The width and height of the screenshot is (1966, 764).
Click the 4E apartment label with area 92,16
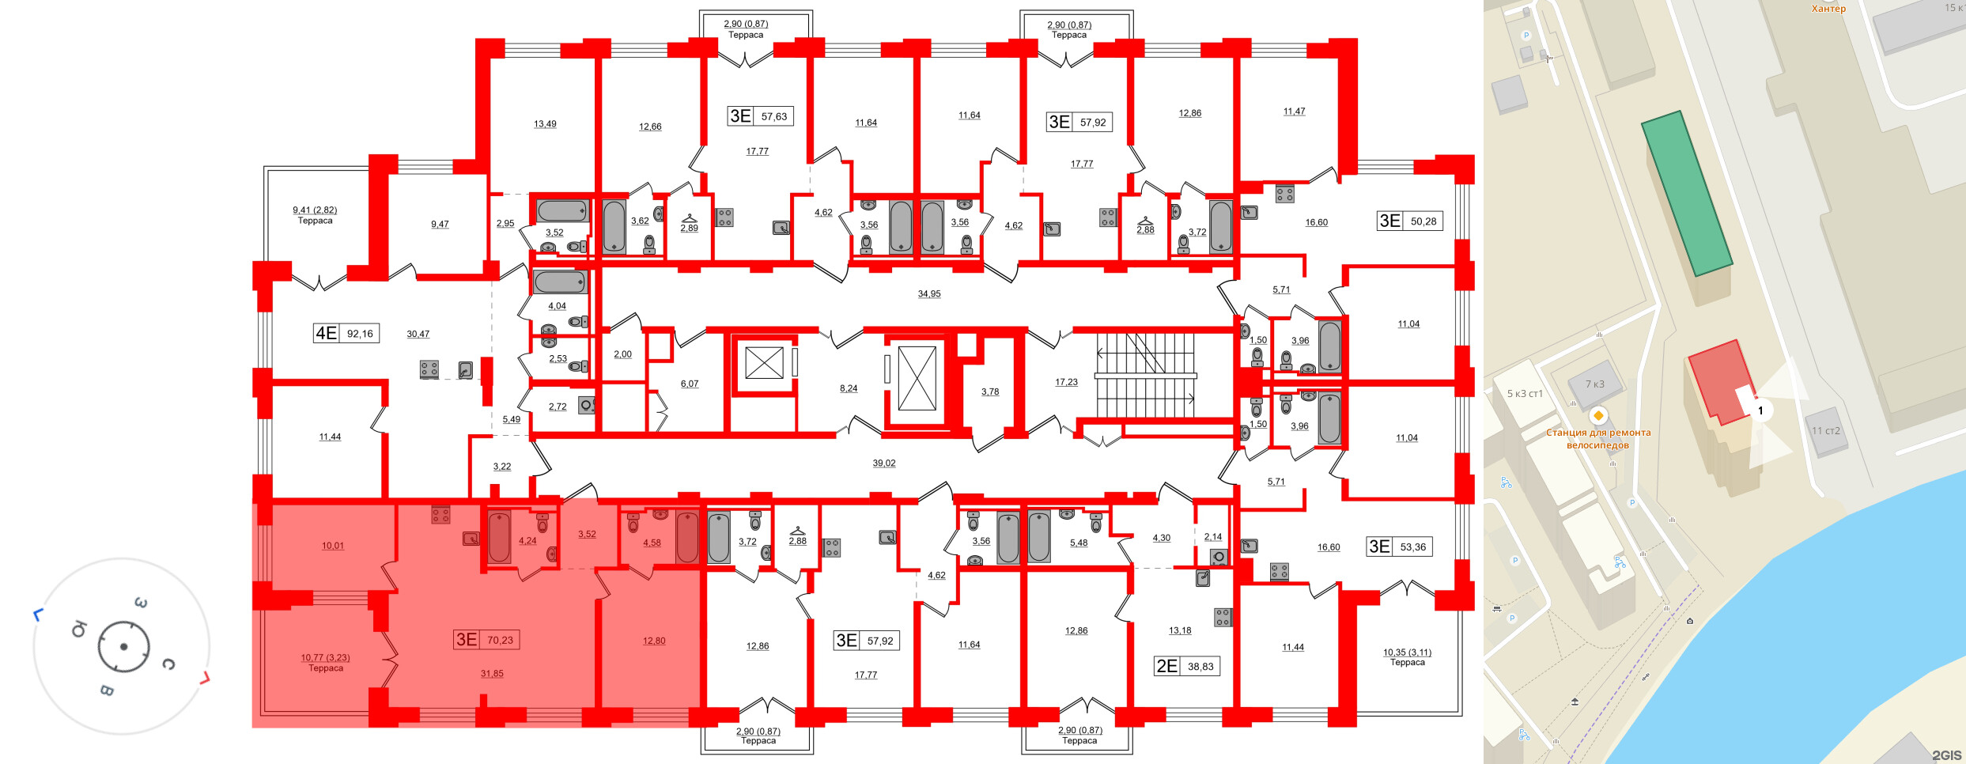coord(346,334)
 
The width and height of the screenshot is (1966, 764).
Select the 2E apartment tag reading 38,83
coord(1186,666)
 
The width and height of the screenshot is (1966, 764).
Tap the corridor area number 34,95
coord(929,294)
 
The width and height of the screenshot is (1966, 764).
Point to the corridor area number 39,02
coord(884,463)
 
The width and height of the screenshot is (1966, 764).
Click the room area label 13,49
coord(545,124)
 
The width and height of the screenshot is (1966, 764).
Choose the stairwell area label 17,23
coord(1066,382)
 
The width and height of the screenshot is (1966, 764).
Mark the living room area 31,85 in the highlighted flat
coord(492,674)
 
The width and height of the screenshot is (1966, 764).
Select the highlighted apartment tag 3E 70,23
coord(486,640)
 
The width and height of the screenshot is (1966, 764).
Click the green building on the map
coord(1686,193)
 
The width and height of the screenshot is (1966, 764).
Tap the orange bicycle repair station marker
coord(1598,416)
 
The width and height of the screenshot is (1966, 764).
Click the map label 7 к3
coord(1595,384)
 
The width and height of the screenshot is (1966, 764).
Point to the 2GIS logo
coord(1947,755)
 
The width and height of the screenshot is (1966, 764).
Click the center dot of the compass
coord(124,647)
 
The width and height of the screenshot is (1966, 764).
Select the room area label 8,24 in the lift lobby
coord(849,388)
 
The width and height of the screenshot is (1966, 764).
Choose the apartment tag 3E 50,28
coord(1409,221)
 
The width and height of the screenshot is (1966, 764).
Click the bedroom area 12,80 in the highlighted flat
coord(654,641)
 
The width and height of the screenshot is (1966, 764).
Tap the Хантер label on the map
coord(1828,9)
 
